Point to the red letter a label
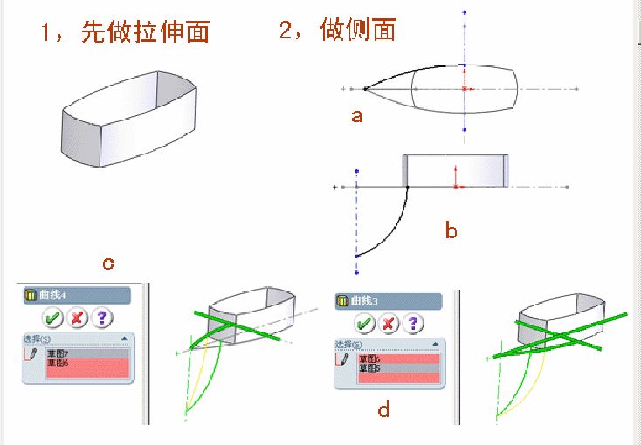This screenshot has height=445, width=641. [356, 115]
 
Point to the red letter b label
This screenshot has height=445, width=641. [451, 231]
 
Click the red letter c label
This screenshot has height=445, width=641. [108, 263]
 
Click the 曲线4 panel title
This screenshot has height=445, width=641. [53, 296]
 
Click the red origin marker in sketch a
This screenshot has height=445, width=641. [465, 89]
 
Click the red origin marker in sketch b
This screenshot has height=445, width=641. [456, 186]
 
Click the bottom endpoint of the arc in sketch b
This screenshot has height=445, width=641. [356, 257]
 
